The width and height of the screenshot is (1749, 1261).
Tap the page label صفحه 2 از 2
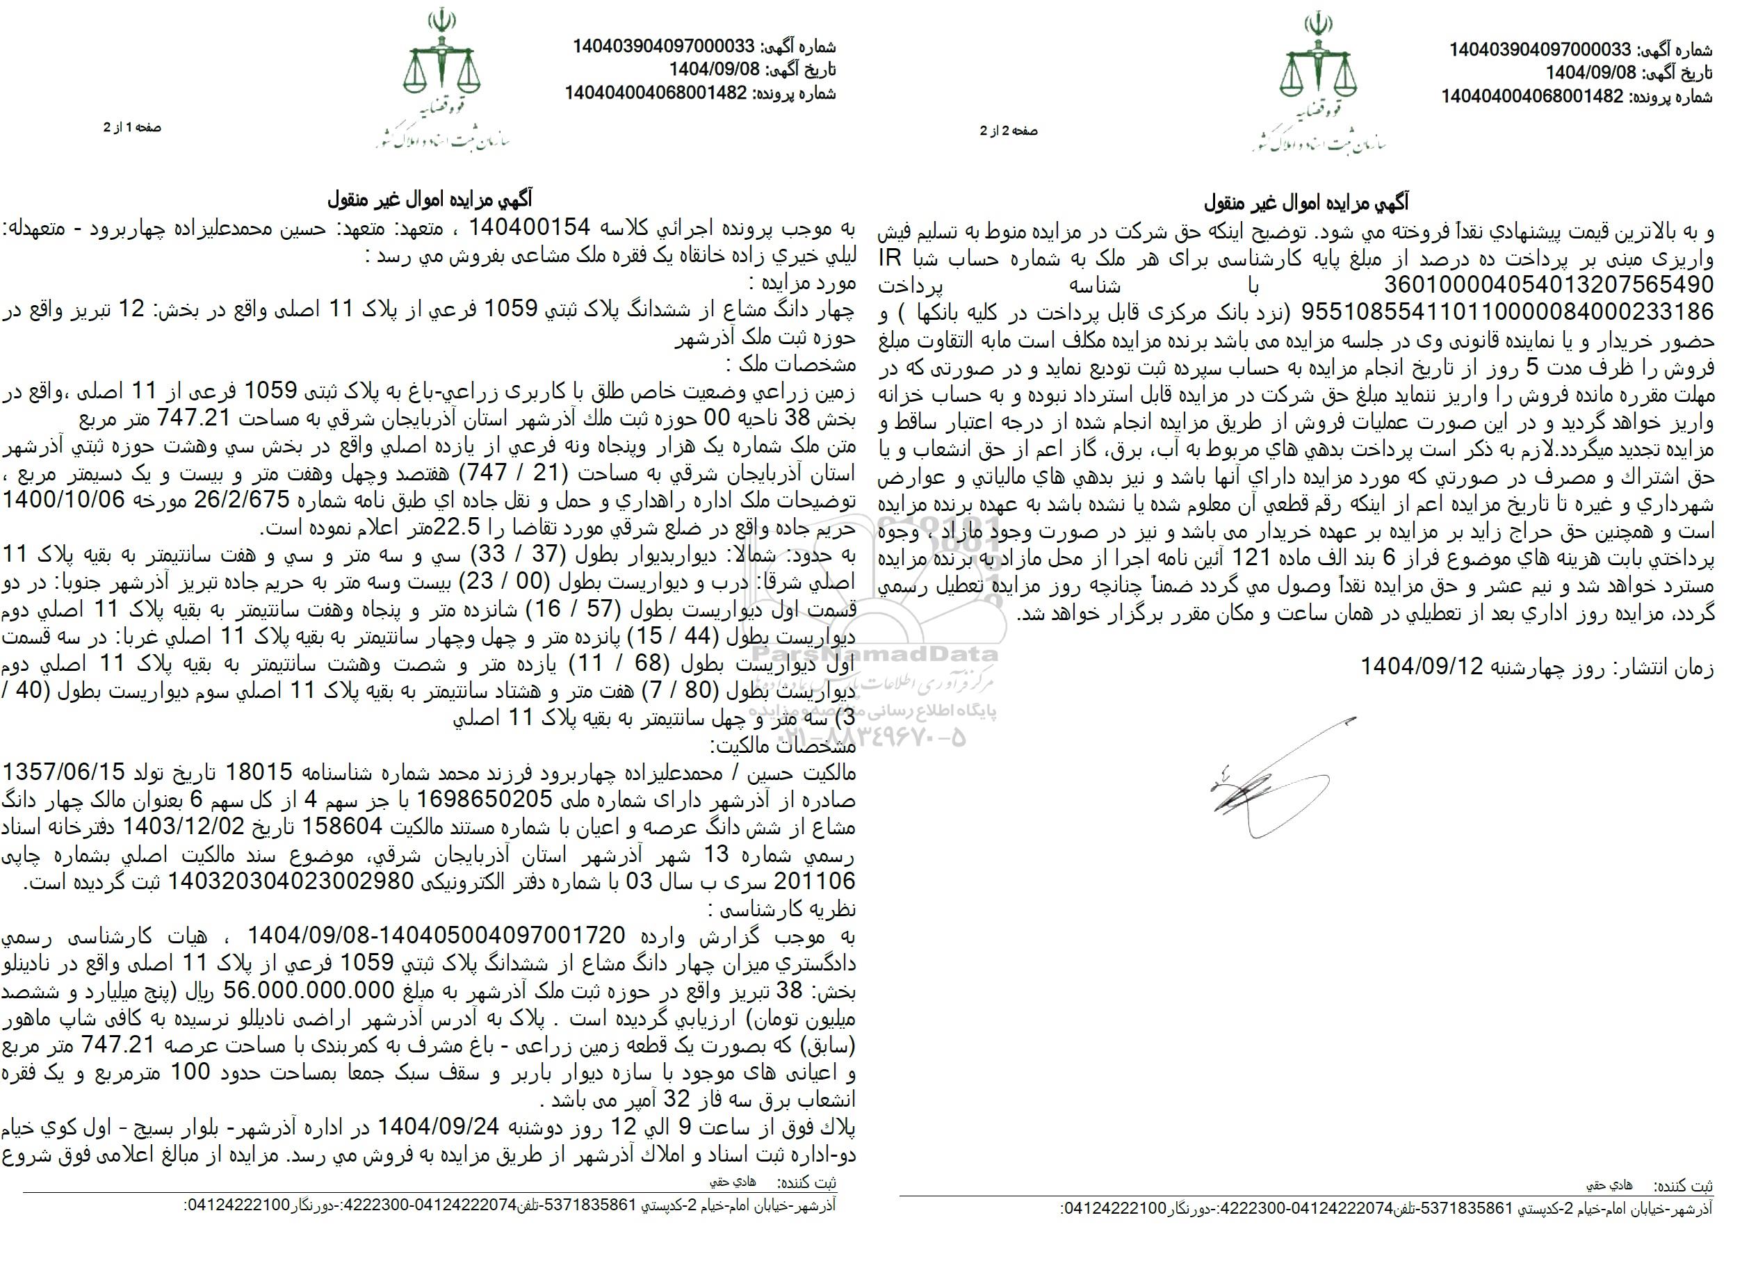click(x=1009, y=131)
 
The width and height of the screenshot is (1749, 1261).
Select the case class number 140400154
click(x=530, y=228)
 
